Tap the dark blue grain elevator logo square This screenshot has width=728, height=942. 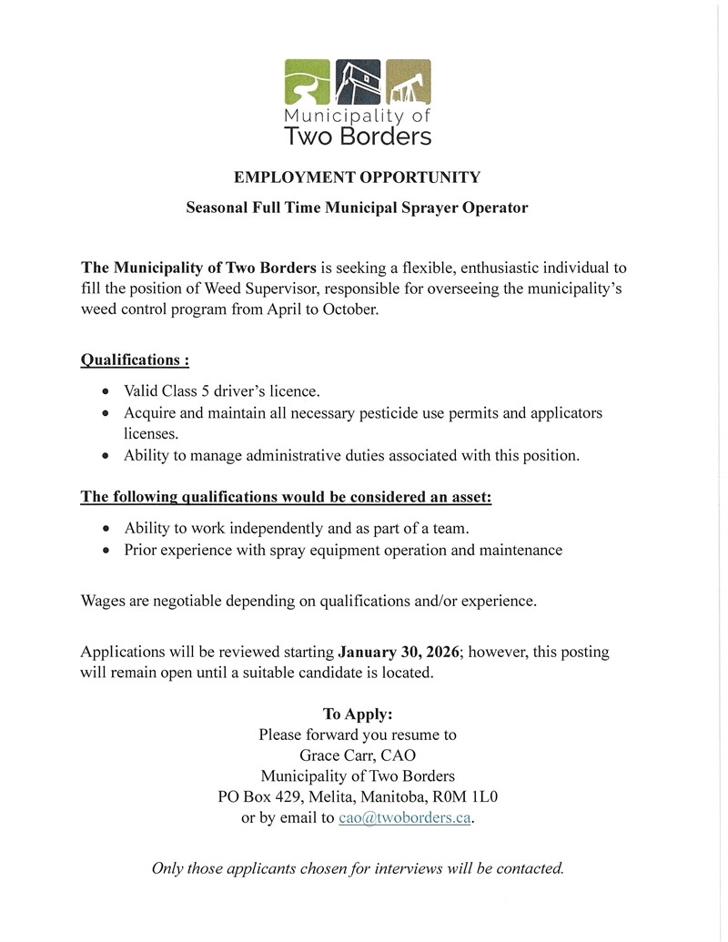point(358,83)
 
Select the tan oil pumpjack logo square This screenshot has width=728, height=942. point(408,83)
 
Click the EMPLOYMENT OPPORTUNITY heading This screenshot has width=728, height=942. point(357,177)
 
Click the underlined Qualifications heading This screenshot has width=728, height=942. point(135,360)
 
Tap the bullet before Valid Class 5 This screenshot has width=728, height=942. point(106,392)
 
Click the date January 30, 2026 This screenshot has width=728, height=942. point(399,653)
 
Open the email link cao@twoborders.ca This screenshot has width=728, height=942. point(404,818)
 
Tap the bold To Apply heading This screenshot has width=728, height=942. point(358,714)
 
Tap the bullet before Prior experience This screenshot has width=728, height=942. point(106,551)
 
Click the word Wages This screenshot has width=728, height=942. point(103,601)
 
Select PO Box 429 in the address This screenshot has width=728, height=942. point(254,797)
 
